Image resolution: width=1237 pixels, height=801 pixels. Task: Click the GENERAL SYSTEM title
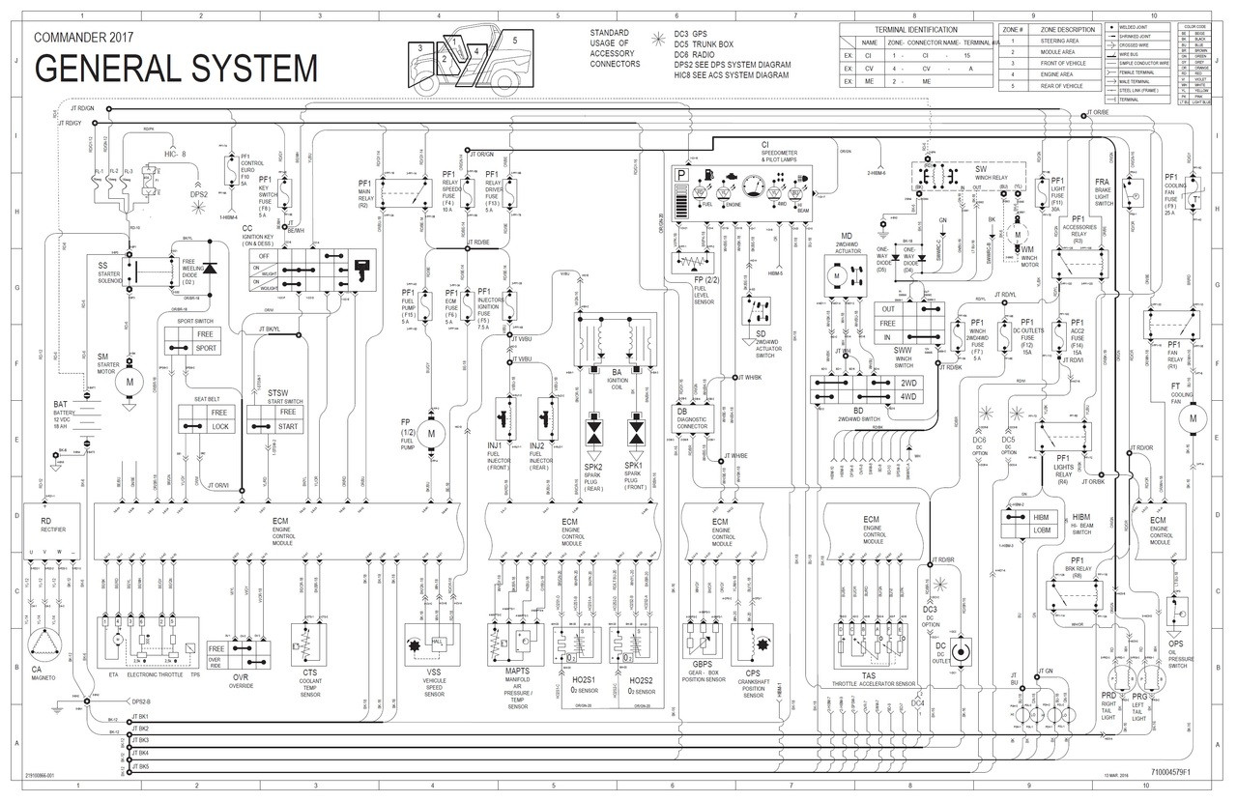coord(176,70)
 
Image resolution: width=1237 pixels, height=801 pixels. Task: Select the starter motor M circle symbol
coord(129,382)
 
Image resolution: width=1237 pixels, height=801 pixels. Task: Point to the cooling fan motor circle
coord(1193,418)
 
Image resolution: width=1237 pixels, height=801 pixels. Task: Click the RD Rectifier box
coord(45,527)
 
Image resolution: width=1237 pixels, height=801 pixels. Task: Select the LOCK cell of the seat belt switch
coord(221,426)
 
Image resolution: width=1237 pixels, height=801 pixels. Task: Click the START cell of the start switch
coord(288,426)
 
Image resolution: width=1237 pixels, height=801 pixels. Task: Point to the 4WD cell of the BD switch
coord(907,396)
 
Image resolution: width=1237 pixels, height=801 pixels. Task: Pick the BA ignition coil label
coord(616,371)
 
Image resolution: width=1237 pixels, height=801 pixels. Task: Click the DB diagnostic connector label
coord(681,411)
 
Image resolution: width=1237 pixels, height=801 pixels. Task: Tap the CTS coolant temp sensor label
coord(310,672)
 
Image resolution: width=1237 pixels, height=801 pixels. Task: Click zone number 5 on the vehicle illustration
coord(515,40)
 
